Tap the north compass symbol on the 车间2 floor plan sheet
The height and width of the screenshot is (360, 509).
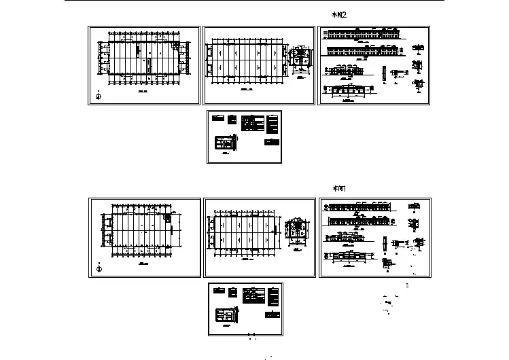(x=99, y=95)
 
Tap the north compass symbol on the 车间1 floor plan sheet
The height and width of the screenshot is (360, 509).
(x=99, y=268)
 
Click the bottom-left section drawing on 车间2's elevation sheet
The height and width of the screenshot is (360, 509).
(x=351, y=90)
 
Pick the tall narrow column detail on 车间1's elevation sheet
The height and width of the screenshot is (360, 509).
(x=385, y=245)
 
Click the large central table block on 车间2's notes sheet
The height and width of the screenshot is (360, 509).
(x=253, y=123)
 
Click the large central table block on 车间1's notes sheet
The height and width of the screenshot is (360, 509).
(x=253, y=295)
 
